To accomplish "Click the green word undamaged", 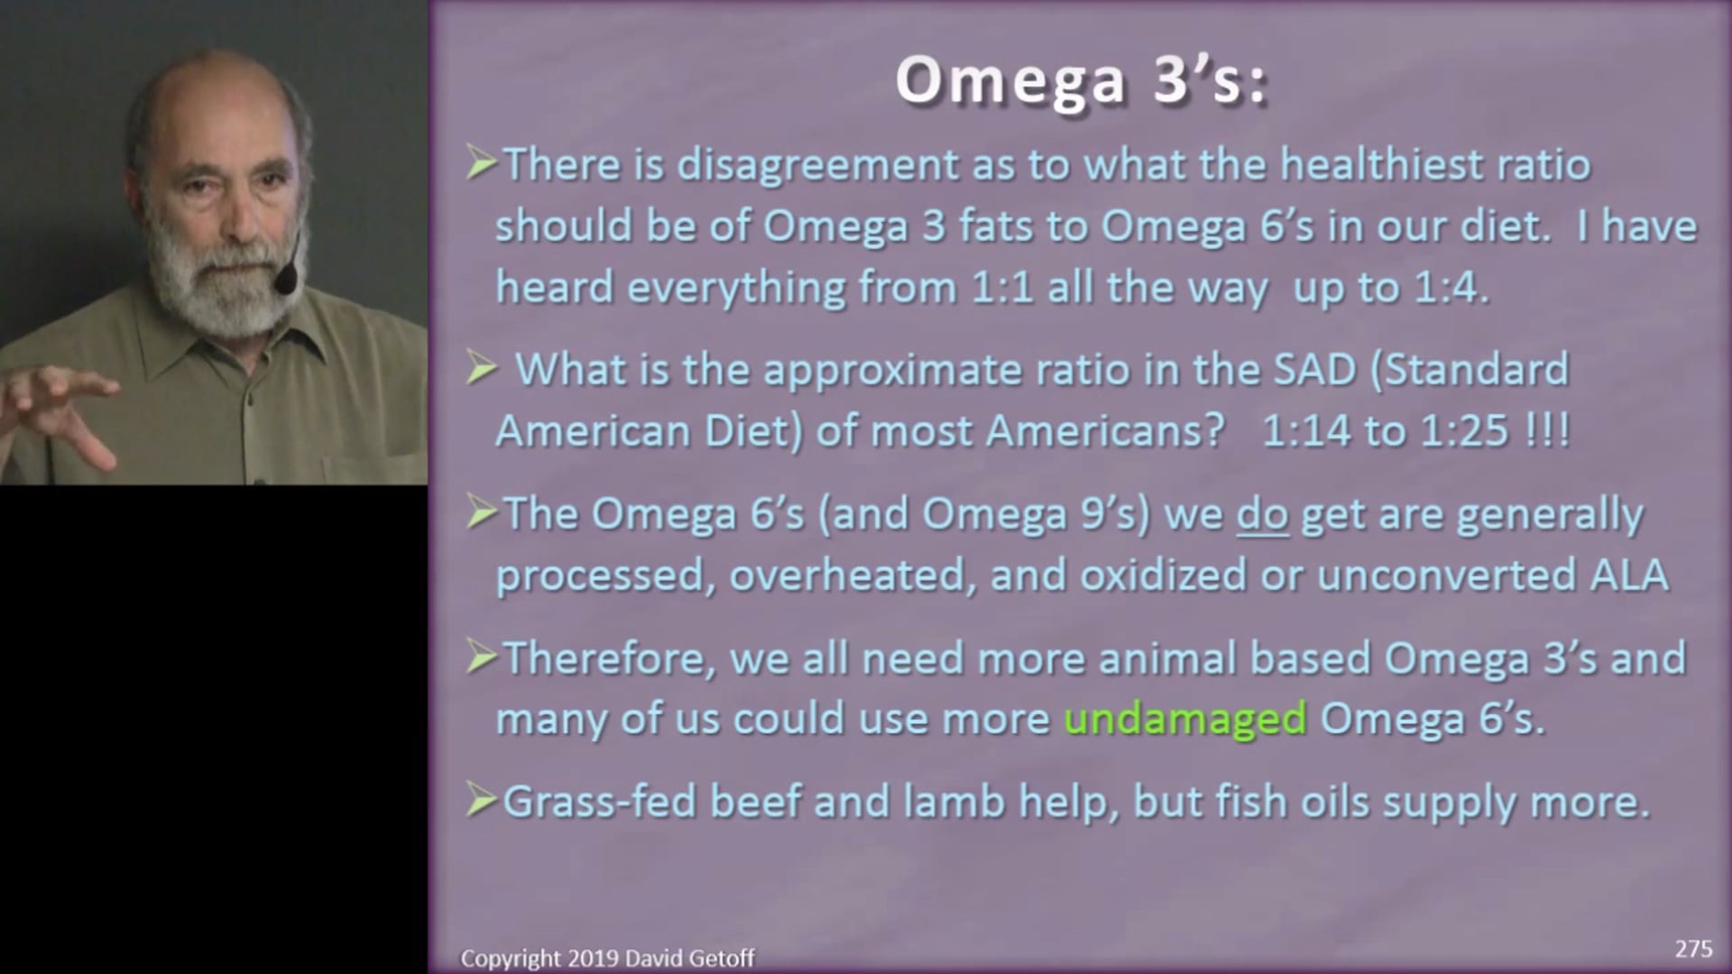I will (1184, 719).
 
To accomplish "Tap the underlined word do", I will (1261, 515).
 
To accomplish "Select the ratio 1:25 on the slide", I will (1464, 431).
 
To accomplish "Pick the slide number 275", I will (1692, 949).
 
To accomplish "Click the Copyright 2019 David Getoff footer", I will (607, 958).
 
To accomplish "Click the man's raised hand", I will (63, 415).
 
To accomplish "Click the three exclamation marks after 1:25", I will (1546, 431).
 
